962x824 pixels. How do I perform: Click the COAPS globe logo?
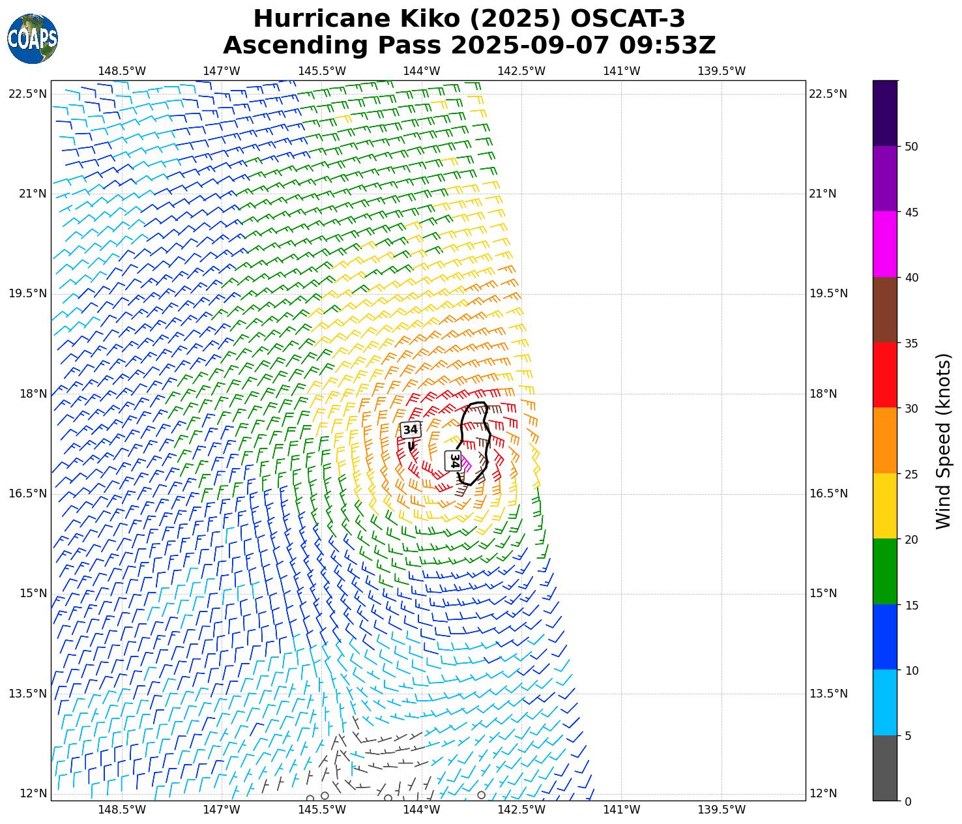coord(33,38)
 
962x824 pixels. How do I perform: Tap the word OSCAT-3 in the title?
coord(628,19)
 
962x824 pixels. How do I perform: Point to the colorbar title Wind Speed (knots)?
coord(943,441)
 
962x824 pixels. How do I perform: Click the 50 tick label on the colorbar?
coord(911,147)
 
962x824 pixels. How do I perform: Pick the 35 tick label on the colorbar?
coord(911,344)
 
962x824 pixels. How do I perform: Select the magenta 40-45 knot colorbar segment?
coord(884,244)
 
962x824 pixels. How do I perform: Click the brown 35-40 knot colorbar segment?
coord(884,310)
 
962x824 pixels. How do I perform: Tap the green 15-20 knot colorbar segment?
coord(884,572)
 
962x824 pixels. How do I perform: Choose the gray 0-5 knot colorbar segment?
coord(884,768)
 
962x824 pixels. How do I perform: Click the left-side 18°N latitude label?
coord(28,394)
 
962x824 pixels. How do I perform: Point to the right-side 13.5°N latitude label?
coord(828,694)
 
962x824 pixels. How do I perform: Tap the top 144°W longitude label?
coord(422,71)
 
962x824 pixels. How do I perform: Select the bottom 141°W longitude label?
coord(621,810)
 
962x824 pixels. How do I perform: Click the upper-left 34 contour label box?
coord(410,430)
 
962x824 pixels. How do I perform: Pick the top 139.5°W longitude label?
coord(721,71)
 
